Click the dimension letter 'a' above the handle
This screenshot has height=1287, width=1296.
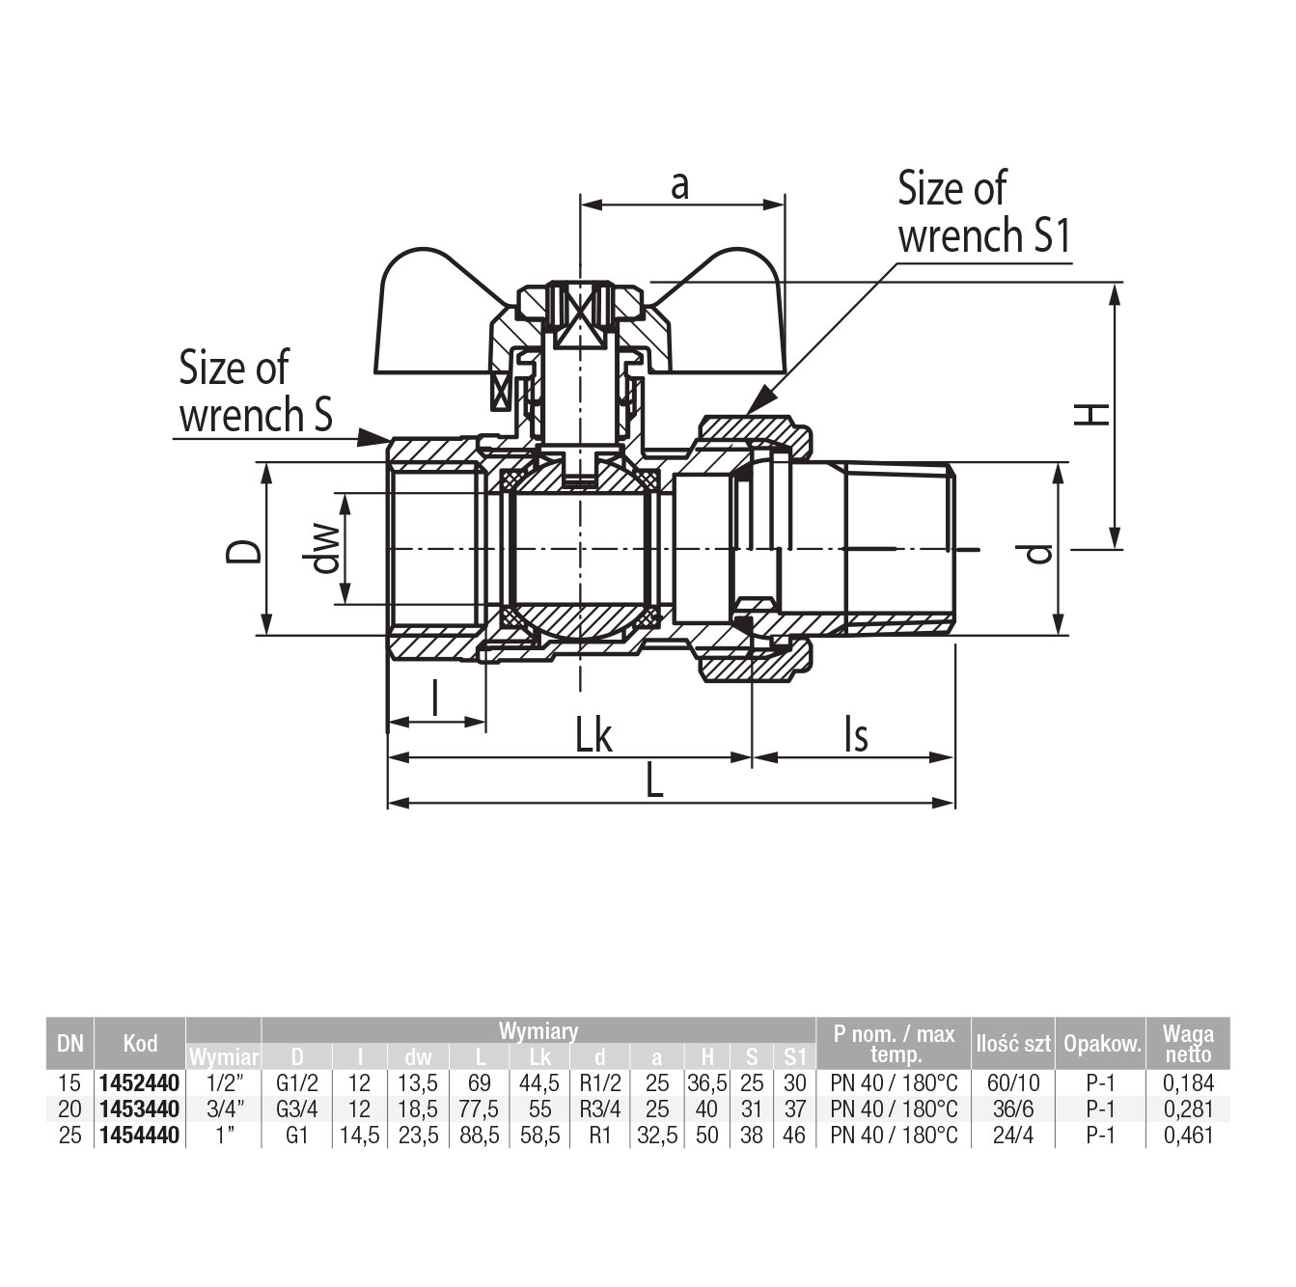[x=680, y=184]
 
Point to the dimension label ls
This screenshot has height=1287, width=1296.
[x=855, y=735]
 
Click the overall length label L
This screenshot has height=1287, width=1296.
[x=655, y=781]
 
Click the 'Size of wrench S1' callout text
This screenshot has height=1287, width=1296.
[x=984, y=212]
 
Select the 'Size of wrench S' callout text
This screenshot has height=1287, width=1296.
[x=256, y=392]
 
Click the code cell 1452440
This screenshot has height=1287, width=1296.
[x=139, y=1084]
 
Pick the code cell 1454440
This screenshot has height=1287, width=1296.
[x=139, y=1136]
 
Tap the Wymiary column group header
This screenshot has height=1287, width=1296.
[x=538, y=1030]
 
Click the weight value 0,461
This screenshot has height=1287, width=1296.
[x=1188, y=1136]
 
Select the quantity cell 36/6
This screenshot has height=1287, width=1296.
[x=1012, y=1110]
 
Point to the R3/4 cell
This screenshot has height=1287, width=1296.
[x=599, y=1110]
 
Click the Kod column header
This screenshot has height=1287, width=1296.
[x=140, y=1043]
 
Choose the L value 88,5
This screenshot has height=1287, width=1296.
[x=480, y=1136]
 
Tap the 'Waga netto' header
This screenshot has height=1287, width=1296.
[x=1188, y=1043]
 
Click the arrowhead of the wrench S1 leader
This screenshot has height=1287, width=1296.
[x=756, y=405]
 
